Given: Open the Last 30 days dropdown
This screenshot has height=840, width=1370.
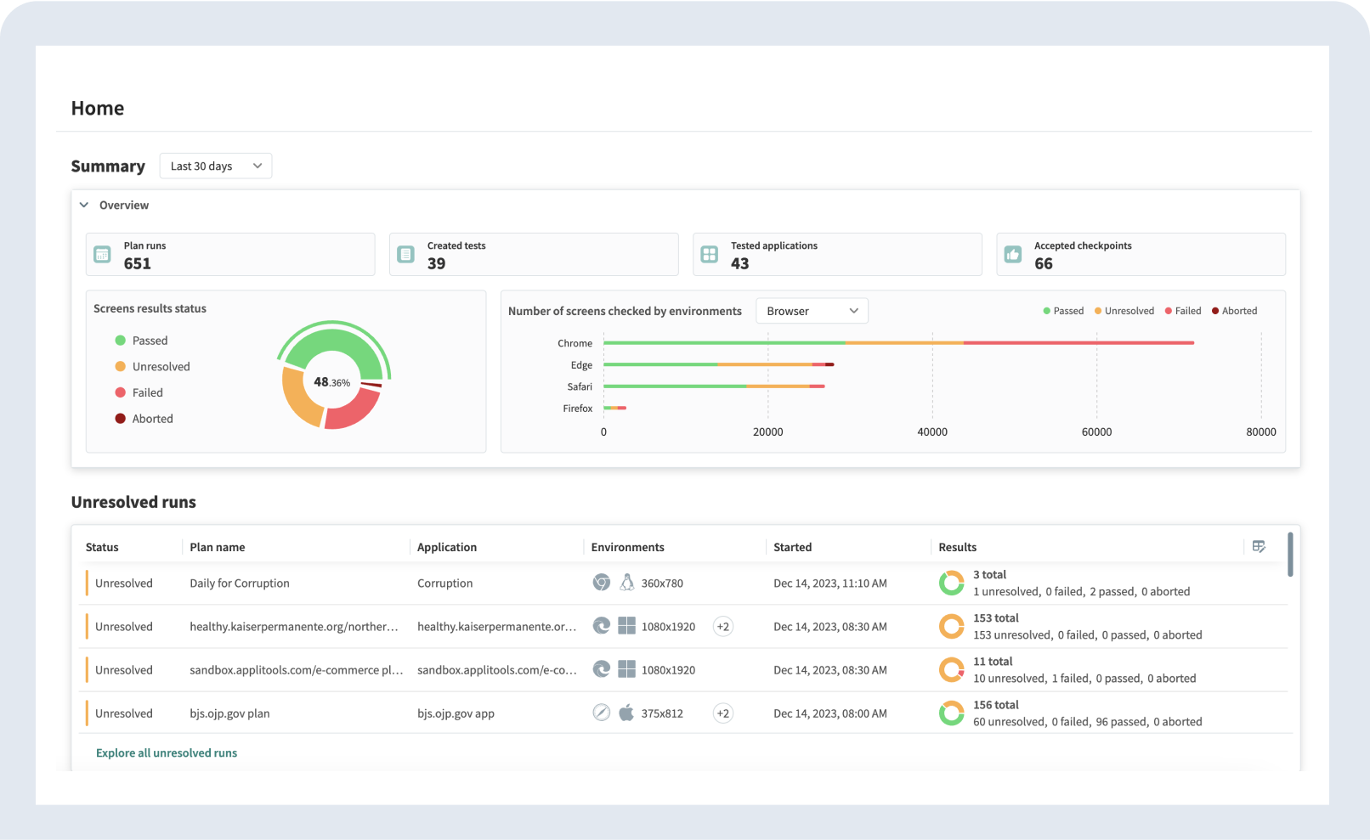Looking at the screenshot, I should [x=215, y=166].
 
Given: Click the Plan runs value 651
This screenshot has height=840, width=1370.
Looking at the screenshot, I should [x=137, y=263].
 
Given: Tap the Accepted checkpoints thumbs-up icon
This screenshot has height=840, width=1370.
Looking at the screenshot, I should [x=1013, y=254].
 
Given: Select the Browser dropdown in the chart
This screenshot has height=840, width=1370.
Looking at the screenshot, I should [x=812, y=311].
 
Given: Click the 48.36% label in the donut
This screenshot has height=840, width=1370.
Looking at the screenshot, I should [x=331, y=382].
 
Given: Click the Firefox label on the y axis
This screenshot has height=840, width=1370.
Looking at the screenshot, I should [x=577, y=409].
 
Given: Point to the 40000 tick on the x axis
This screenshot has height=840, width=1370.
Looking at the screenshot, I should [x=931, y=431].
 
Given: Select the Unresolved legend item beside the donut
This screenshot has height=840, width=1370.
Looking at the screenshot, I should [x=161, y=367].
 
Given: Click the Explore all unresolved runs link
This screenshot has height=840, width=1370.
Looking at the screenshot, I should [x=167, y=753].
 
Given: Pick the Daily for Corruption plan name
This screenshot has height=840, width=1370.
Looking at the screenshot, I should [x=240, y=583].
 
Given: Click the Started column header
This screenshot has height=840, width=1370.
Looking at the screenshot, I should [x=792, y=547].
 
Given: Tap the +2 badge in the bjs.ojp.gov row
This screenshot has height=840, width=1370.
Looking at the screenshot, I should [x=722, y=713].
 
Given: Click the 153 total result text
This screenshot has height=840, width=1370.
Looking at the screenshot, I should [x=995, y=618].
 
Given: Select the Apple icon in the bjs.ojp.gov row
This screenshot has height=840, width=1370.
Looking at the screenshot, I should [x=626, y=713].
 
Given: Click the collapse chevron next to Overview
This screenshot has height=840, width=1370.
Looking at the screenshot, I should [x=84, y=205].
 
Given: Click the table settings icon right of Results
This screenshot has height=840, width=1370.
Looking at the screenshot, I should [x=1259, y=546].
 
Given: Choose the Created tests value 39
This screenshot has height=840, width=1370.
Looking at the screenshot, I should [x=436, y=263].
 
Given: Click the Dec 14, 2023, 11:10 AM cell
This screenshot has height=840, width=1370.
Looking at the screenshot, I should [x=829, y=583].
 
